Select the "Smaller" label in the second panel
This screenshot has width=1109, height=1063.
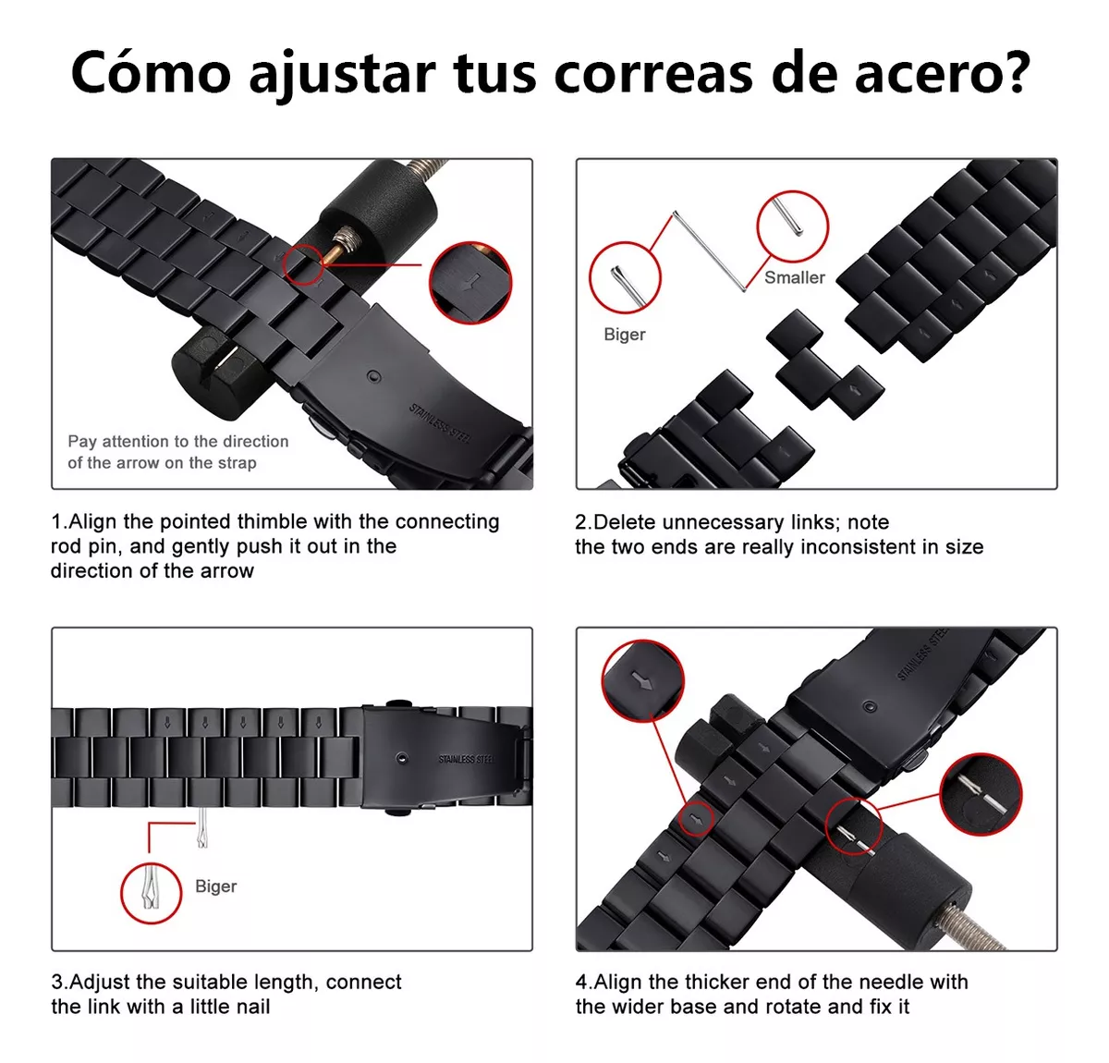pyautogui.click(x=794, y=277)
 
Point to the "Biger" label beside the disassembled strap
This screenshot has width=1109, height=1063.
pyautogui.click(x=624, y=335)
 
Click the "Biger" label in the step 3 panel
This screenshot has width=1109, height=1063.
pyautogui.click(x=215, y=886)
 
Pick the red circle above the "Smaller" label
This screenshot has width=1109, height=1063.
pyautogui.click(x=792, y=226)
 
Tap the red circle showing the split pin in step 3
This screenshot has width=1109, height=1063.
pyautogui.click(x=152, y=892)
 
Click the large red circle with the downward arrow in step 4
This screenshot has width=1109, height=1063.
pyautogui.click(x=642, y=681)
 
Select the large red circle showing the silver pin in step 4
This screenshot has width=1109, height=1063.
pyautogui.click(x=980, y=793)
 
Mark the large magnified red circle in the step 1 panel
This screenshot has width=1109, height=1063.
pyautogui.click(x=470, y=283)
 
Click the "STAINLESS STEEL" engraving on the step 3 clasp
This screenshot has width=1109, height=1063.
pyautogui.click(x=466, y=759)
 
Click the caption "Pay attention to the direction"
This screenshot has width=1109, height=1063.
pyautogui.click(x=177, y=442)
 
